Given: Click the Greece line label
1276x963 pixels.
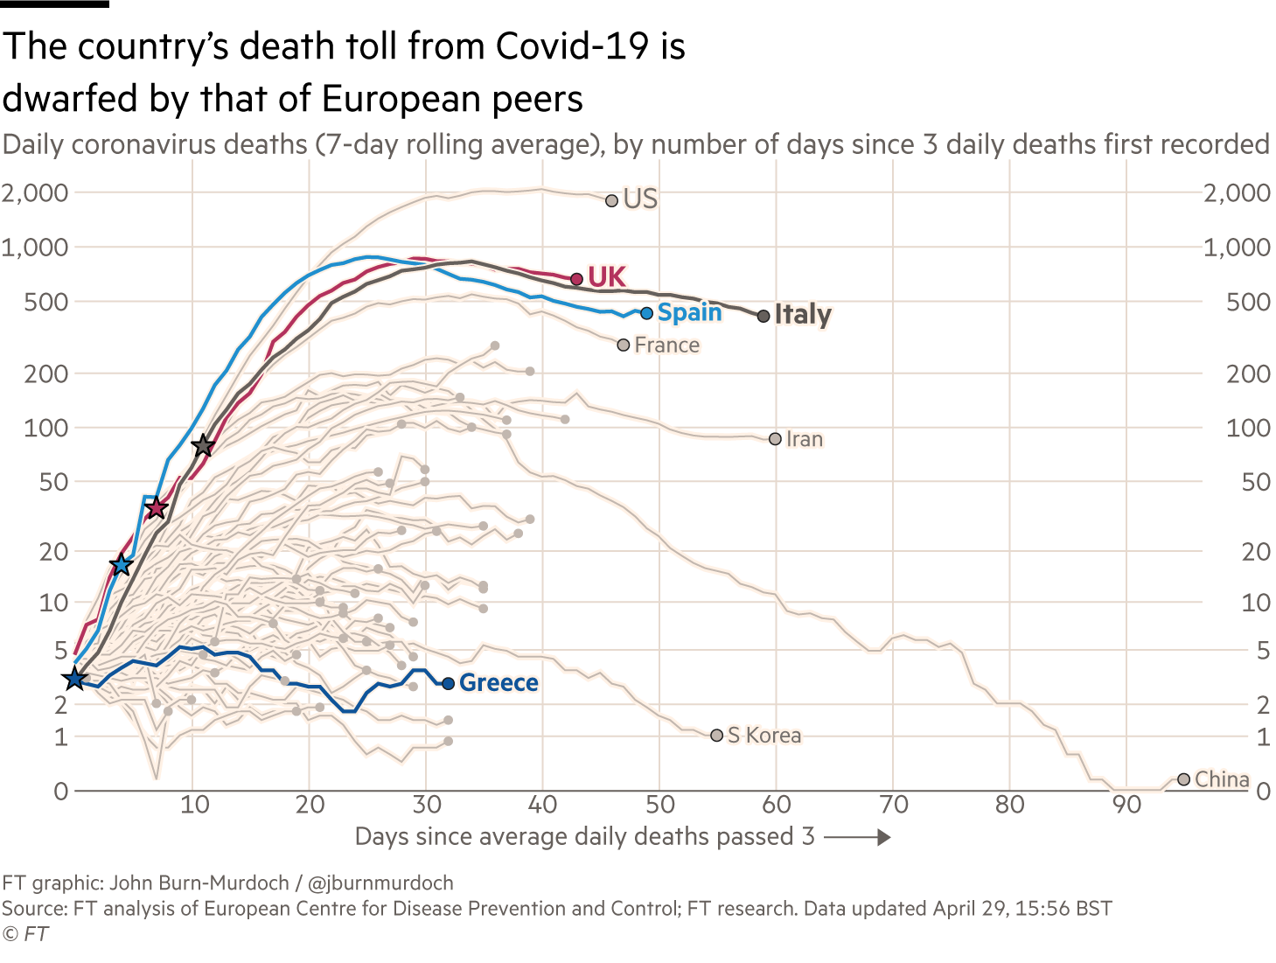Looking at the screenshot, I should [x=498, y=683].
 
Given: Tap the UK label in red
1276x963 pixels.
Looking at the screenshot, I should [x=607, y=276].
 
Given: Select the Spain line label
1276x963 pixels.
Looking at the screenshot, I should [x=690, y=312].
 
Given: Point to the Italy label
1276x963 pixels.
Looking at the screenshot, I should [x=803, y=314].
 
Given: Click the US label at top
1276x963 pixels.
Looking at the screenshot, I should [x=640, y=199].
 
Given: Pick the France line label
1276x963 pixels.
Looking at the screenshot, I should [x=666, y=345].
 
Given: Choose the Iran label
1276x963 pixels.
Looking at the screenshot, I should [x=805, y=439].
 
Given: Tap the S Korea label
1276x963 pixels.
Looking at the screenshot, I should [x=764, y=736].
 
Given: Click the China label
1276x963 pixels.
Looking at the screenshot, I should [x=1221, y=779].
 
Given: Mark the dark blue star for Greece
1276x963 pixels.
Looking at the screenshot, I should [x=74, y=679].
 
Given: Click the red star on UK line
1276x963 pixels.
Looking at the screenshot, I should [x=156, y=507].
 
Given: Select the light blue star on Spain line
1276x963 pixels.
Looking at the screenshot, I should [x=122, y=565].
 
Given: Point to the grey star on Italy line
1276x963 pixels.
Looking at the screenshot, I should [x=203, y=445].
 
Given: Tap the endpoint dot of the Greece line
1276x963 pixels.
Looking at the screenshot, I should [x=449, y=683].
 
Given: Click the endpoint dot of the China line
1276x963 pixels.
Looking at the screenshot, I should [x=1184, y=779].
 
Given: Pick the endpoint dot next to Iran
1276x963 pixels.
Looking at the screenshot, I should [x=775, y=439].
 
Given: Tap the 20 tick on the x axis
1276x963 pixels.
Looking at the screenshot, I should [x=310, y=804].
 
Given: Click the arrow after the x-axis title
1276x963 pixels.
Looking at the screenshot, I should [x=857, y=838].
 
